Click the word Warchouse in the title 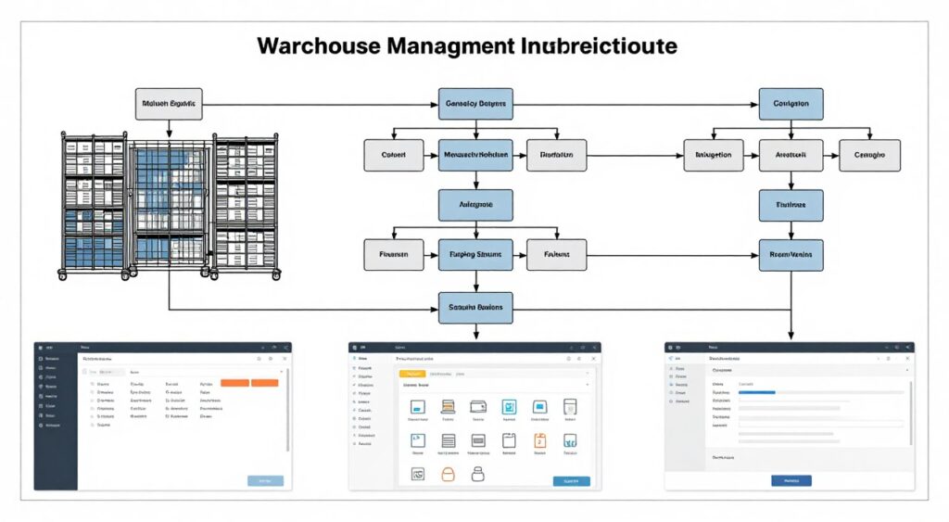(x=312, y=46)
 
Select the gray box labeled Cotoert (x=394, y=155)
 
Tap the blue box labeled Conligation (x=791, y=104)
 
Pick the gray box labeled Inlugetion (x=713, y=155)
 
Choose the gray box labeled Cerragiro (x=869, y=155)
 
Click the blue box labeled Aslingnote (x=474, y=204)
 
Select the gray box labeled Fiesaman (x=394, y=253)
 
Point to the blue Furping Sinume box (x=474, y=253)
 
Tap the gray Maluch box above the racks (x=169, y=104)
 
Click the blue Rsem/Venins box (x=791, y=253)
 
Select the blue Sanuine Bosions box (x=474, y=307)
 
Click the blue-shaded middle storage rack (x=170, y=206)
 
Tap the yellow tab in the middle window (x=410, y=373)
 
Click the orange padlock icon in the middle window (x=448, y=474)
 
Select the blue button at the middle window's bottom (x=570, y=480)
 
